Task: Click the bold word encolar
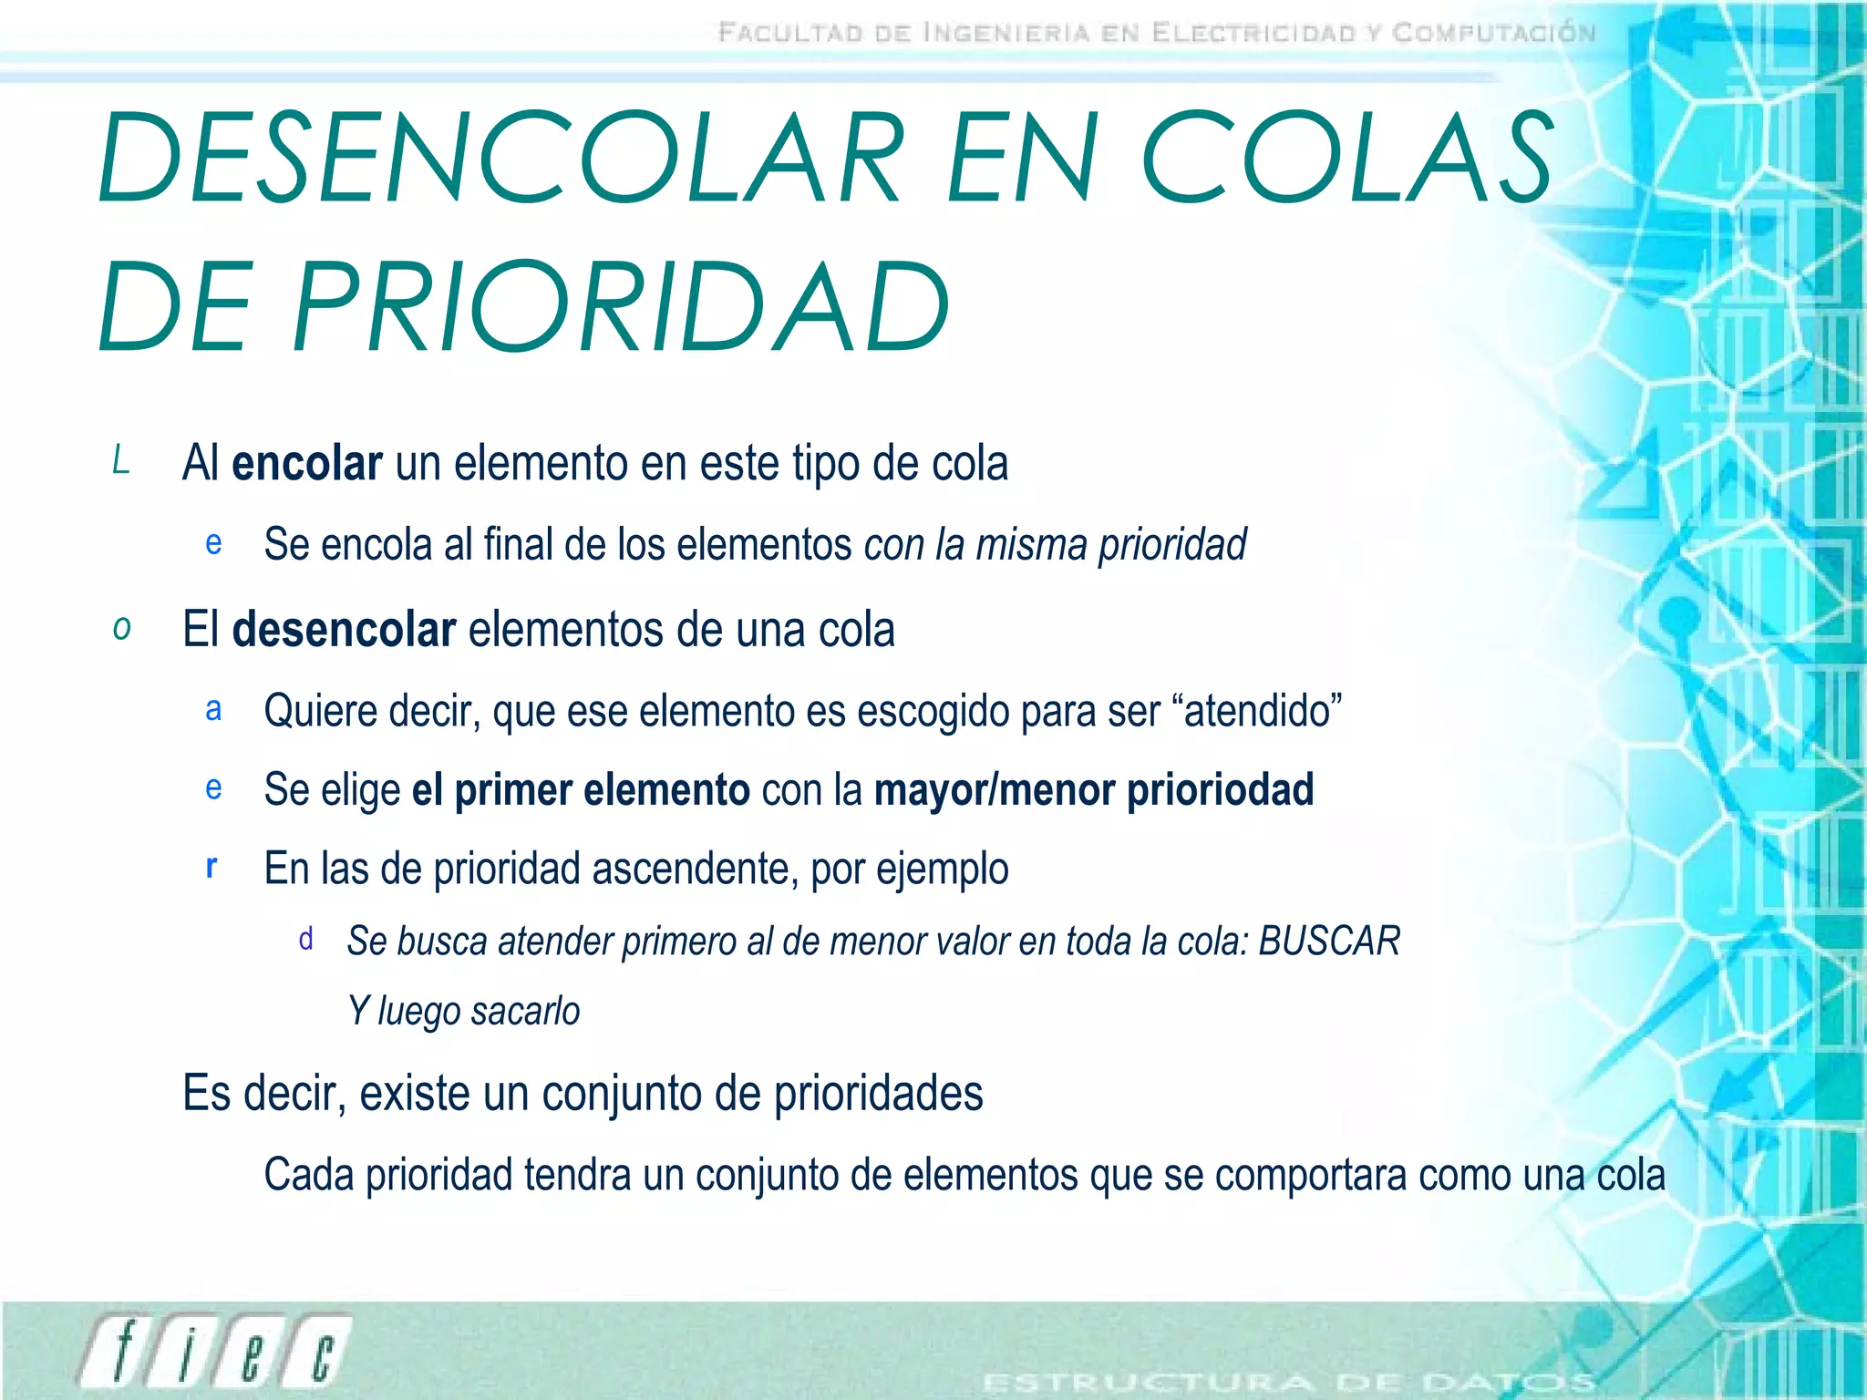[306, 463]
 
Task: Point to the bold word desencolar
[344, 630]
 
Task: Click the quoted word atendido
[1263, 711]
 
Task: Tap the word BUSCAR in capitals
[1328, 942]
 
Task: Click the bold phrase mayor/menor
[995, 790]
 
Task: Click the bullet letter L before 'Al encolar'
[120, 461]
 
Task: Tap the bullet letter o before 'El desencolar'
[121, 629]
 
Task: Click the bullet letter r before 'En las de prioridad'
[211, 867]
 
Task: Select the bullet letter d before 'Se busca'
[305, 940]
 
